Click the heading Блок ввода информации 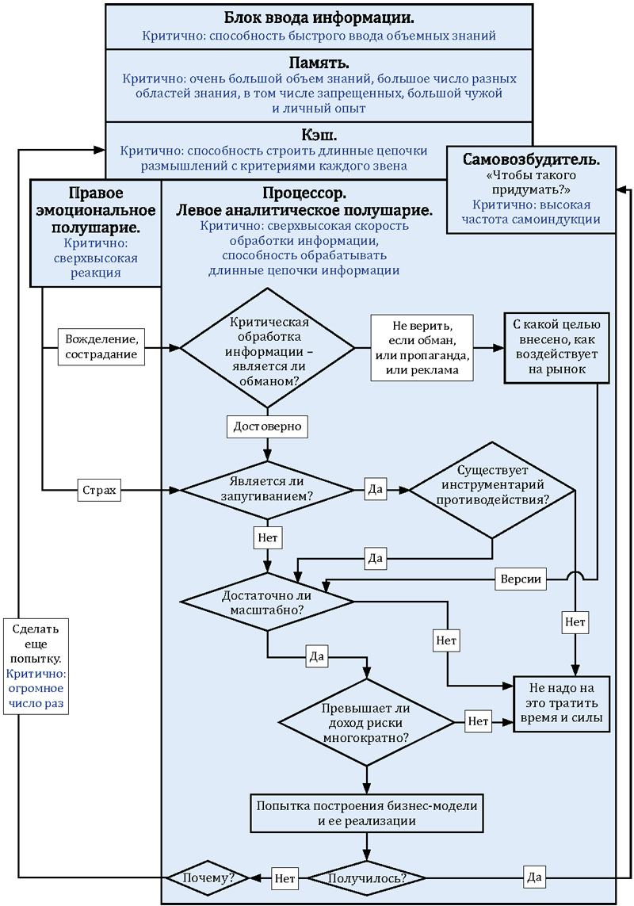[319, 17]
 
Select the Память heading [319, 63]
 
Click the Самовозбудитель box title [531, 159]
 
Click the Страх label [99, 491]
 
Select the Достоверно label [268, 426]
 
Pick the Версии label [521, 579]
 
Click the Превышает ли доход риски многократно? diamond [365, 721]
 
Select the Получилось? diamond [367, 877]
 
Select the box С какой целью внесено [557, 346]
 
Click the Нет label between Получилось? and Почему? [285, 877]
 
